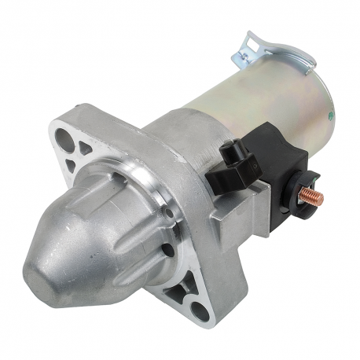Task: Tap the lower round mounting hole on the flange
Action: pos(201,311)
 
